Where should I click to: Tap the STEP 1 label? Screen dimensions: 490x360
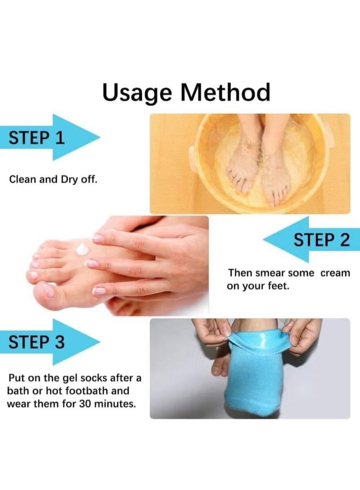click(37, 138)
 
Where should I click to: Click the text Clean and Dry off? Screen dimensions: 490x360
click(53, 179)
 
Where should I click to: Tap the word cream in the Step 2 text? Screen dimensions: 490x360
click(335, 273)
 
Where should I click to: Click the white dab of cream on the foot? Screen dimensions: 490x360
click(83, 249)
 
